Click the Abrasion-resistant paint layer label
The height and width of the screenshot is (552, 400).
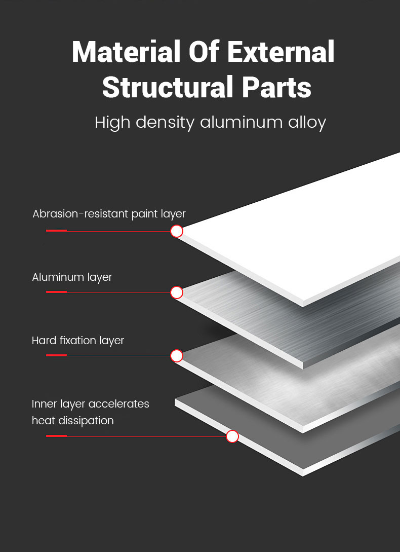click(109, 214)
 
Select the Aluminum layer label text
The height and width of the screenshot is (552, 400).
click(72, 277)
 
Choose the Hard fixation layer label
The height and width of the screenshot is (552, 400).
click(78, 341)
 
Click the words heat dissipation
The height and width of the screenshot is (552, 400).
click(73, 421)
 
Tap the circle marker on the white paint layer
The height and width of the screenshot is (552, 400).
click(177, 231)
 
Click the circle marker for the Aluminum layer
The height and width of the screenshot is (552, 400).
click(177, 292)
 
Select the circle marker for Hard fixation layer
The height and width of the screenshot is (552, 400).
click(177, 356)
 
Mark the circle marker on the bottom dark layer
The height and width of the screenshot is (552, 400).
click(232, 436)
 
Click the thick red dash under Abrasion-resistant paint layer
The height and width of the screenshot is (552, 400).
click(56, 231)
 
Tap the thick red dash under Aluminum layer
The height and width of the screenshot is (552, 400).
click(56, 292)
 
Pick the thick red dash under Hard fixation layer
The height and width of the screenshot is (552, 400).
click(56, 355)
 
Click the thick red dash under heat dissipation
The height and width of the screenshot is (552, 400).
click(56, 435)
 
